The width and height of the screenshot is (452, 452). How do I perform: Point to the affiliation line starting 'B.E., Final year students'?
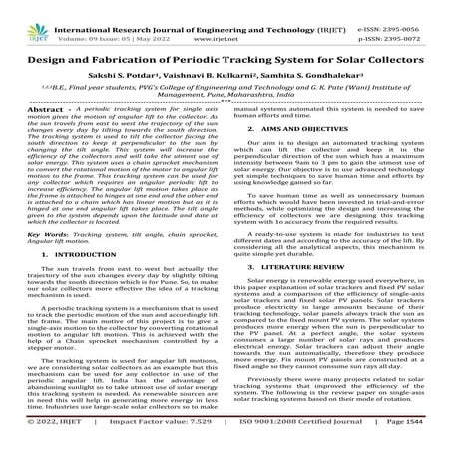click(226, 84)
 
